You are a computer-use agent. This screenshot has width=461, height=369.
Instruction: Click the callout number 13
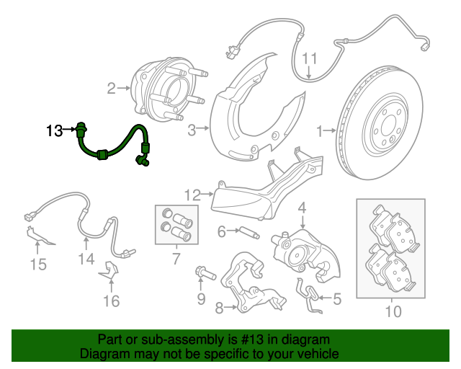click(55, 130)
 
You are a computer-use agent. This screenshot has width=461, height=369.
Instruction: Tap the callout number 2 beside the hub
click(112, 88)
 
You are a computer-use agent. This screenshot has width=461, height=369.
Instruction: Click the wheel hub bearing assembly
click(168, 90)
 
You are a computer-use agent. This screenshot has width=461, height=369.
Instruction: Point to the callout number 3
click(192, 130)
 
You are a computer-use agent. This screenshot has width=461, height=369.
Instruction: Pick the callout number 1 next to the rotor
click(320, 131)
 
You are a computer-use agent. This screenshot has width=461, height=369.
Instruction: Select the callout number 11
click(310, 58)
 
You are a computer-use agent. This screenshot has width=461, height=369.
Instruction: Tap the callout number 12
click(192, 195)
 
